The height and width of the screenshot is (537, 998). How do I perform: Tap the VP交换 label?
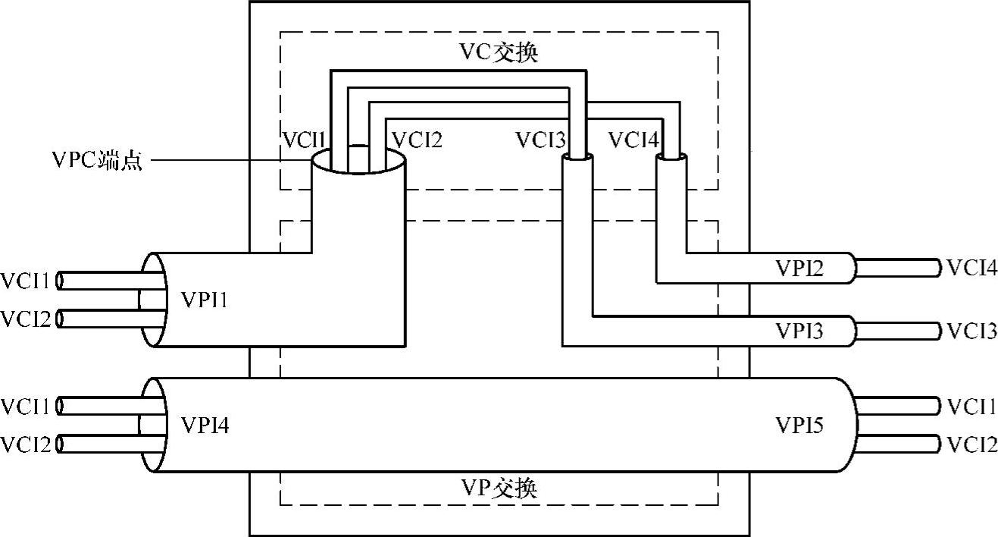tap(499, 488)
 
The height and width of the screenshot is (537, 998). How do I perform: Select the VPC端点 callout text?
tap(96, 161)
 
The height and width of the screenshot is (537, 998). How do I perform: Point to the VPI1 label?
tap(205, 300)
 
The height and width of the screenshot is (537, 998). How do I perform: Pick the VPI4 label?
tap(205, 426)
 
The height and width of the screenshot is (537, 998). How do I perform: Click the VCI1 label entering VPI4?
tap(27, 407)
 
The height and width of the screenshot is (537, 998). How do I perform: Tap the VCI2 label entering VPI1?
tap(27, 319)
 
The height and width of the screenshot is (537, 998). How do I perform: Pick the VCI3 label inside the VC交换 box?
tap(540, 140)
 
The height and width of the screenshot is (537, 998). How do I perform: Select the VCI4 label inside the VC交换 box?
tap(634, 140)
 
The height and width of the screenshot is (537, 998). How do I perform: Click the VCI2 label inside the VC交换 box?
tap(415, 140)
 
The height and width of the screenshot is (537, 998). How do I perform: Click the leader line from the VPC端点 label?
tap(227, 161)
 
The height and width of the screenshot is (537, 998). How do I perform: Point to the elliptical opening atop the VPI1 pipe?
tap(358, 162)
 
